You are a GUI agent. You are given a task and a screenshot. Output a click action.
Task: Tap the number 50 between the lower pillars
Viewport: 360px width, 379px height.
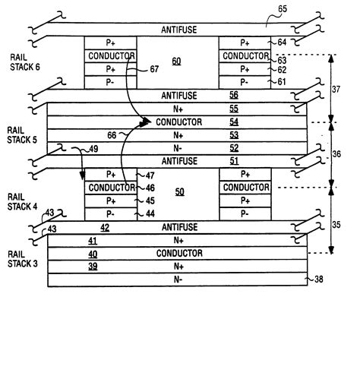pyautogui.click(x=179, y=193)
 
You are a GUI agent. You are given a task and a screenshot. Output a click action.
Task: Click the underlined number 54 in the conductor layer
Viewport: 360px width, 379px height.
pyautogui.click(x=234, y=122)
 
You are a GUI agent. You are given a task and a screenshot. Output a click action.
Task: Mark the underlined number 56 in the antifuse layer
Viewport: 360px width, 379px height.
pyautogui.click(x=234, y=96)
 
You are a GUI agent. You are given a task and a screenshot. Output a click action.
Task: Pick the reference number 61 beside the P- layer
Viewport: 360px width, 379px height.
pyautogui.click(x=282, y=81)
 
